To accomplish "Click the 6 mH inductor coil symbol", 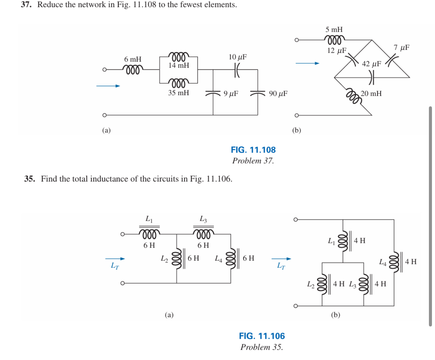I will point(132,70).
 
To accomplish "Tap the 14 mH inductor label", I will point(179,65).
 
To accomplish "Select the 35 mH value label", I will point(179,93).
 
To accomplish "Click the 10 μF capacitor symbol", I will point(237,70).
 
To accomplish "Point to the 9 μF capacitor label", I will point(231,94).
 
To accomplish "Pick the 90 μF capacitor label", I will point(278,94).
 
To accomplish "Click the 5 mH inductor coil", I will point(334,39).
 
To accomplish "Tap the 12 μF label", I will point(336,51).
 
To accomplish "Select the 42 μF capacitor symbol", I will point(372,77).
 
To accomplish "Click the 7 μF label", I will point(401,48).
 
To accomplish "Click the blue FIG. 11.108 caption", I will point(253,150).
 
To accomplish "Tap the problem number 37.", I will point(26,5).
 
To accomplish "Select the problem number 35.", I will point(29,179).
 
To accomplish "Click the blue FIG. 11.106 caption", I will point(262,336).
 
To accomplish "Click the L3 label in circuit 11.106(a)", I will point(203,219).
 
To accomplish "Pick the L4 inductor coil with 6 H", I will point(231,258).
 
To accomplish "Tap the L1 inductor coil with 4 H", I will point(343,241).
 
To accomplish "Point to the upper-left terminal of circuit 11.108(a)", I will point(105,70).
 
